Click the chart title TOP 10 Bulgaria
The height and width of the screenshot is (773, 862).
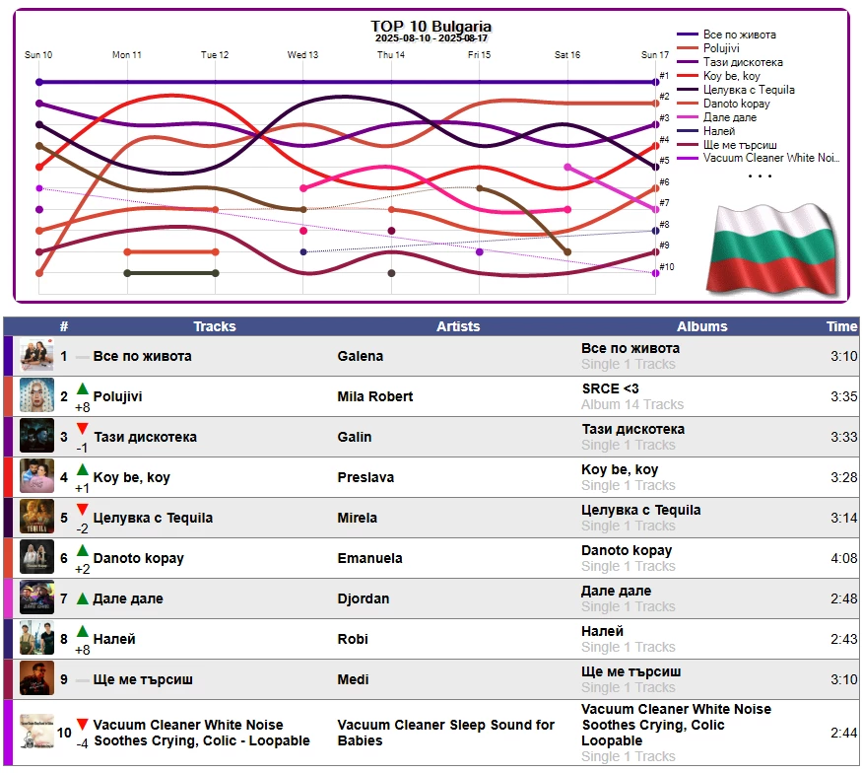(x=431, y=27)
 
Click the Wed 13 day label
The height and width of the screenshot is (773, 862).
(x=302, y=55)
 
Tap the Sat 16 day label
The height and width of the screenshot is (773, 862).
(x=567, y=55)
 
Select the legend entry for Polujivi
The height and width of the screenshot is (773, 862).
(x=721, y=48)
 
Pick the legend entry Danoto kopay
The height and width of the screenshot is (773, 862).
(x=737, y=104)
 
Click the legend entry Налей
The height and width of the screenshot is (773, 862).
(x=719, y=131)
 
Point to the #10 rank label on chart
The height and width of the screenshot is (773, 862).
(x=667, y=267)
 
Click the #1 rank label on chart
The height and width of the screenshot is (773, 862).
(x=664, y=76)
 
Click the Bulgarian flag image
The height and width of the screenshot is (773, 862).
(x=771, y=247)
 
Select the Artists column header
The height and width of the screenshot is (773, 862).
(x=458, y=326)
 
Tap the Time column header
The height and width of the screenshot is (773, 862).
(x=841, y=326)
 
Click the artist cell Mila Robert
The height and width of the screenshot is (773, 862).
(x=375, y=396)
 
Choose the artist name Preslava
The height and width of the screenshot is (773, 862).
(x=365, y=477)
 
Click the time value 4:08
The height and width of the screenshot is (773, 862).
(x=843, y=558)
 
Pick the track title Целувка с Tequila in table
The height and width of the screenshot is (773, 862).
(x=153, y=518)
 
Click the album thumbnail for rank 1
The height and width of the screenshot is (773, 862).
(x=37, y=356)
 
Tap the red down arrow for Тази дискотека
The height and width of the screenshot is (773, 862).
(x=83, y=429)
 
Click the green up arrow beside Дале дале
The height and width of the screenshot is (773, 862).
(x=83, y=598)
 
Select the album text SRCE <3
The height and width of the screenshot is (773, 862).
(x=610, y=388)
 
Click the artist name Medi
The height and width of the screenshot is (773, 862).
(x=354, y=679)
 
